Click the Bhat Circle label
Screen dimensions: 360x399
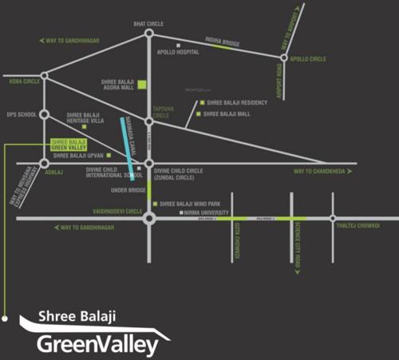click(x=148, y=24)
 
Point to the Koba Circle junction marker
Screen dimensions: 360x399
click(x=45, y=76)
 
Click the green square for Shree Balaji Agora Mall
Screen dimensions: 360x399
click(x=142, y=84)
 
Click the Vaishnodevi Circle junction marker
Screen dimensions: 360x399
click(x=148, y=217)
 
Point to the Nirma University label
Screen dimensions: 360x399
click(x=204, y=213)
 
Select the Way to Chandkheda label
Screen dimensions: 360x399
click(x=318, y=172)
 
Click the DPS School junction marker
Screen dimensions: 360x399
click(x=45, y=114)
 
